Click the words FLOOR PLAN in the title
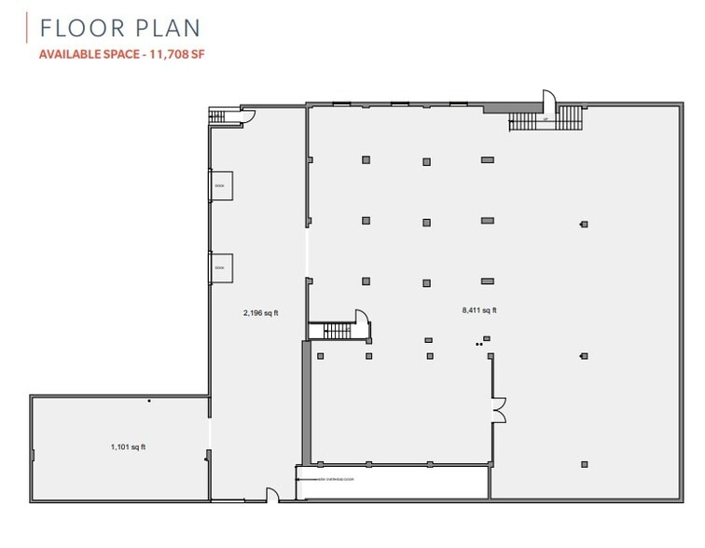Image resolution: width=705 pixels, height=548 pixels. click(119, 28)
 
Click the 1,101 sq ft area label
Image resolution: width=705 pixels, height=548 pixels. click(128, 447)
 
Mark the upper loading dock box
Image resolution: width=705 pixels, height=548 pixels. click(221, 185)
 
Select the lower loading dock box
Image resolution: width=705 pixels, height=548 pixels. click(221, 267)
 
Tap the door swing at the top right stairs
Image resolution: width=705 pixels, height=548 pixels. click(549, 100)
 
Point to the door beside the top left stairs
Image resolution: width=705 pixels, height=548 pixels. click(249, 116)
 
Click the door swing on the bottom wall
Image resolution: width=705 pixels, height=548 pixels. click(273, 495)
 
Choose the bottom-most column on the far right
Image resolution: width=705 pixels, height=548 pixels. click(585, 464)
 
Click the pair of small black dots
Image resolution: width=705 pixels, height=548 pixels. click(479, 345)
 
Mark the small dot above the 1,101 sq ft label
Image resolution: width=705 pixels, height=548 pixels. click(149, 402)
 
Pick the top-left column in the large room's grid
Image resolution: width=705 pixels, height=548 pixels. click(366, 159)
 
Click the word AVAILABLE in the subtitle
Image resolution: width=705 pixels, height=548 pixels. click(70, 55)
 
